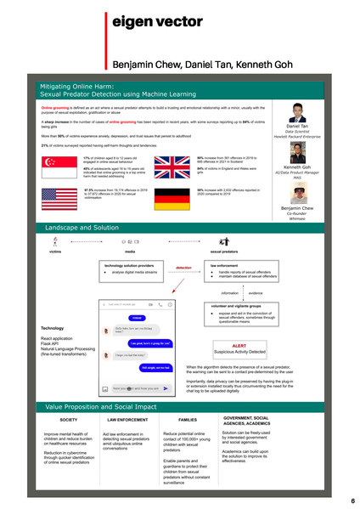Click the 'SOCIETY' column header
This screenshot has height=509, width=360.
click(x=69, y=420)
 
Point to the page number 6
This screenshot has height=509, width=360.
click(x=352, y=501)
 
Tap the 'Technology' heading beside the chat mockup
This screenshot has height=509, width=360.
click(x=53, y=328)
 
